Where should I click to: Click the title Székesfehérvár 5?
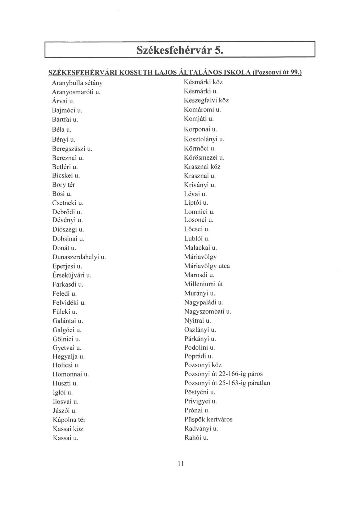[180, 50]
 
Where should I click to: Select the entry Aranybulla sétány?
[77, 83]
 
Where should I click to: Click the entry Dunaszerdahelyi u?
[79, 257]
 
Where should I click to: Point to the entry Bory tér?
[64, 185]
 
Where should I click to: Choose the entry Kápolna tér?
[69, 420]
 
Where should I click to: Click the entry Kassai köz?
[68, 429]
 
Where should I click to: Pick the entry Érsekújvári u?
[72, 275]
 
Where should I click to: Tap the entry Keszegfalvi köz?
[206, 100]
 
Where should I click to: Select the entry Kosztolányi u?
[204, 139]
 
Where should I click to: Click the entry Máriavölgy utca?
[207, 266]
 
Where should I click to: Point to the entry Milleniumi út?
[203, 284]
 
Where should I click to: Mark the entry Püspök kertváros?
[208, 419]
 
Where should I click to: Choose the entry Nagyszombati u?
[208, 311]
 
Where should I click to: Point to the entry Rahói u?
[196, 438]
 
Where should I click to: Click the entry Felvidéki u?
[69, 303]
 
